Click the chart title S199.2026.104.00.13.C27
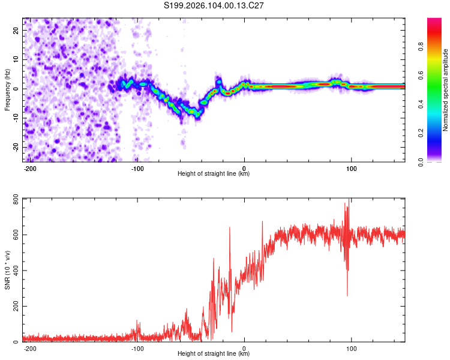pyautogui.click(x=214, y=5)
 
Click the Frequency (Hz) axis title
pyautogui.click(x=7, y=89)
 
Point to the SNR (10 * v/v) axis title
pyautogui.click(x=7, y=273)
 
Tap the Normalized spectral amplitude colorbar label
pyautogui.click(x=446, y=90)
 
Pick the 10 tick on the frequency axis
pyautogui.click(x=16, y=59)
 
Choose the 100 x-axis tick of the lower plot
pyautogui.click(x=351, y=349)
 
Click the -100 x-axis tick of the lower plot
pyautogui.click(x=137, y=349)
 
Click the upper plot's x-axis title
pyautogui.click(x=214, y=174)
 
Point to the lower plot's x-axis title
pyautogui.click(x=214, y=354)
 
